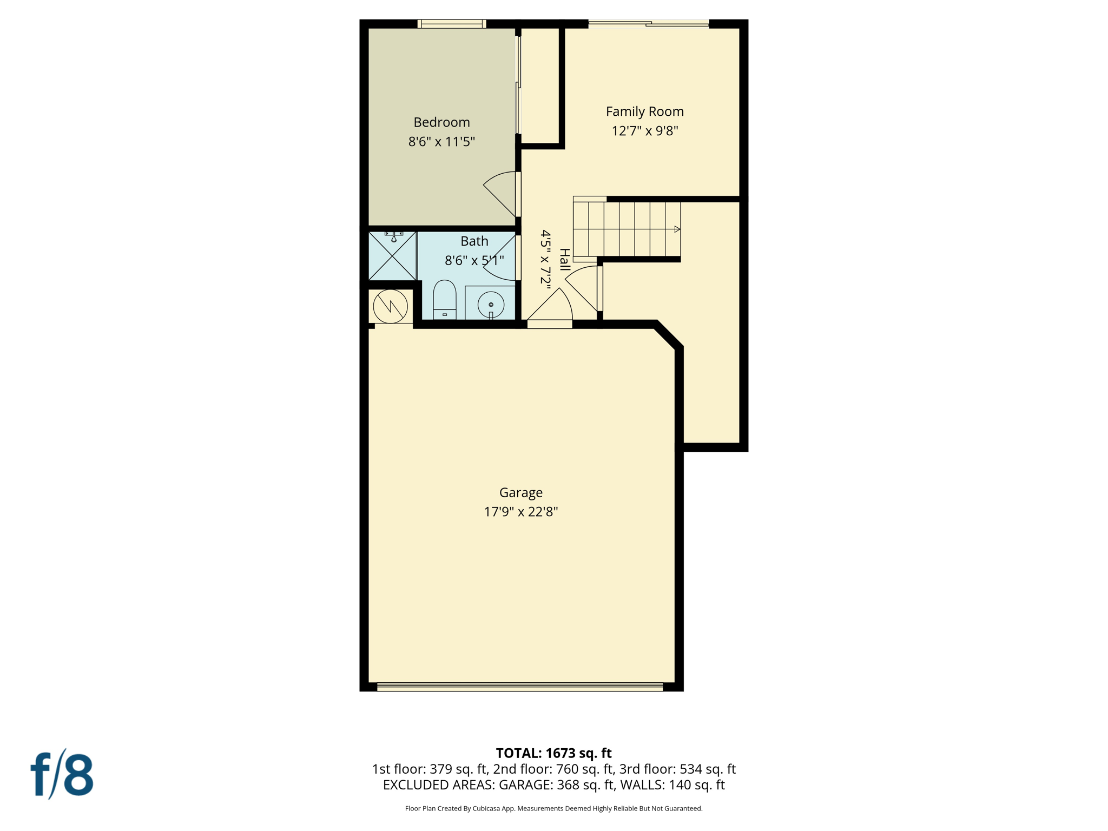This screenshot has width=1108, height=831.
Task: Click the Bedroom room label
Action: pyautogui.click(x=441, y=122)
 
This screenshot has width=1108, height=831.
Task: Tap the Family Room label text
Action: pyautogui.click(x=644, y=111)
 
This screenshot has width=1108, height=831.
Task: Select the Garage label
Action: pyautogui.click(x=520, y=492)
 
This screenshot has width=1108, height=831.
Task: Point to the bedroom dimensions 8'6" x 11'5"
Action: pyautogui.click(x=441, y=142)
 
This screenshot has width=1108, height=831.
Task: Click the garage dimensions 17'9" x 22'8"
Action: pyautogui.click(x=520, y=512)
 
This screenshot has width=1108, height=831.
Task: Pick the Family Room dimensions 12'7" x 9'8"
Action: pyautogui.click(x=644, y=131)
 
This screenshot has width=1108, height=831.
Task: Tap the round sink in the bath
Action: pyautogui.click(x=491, y=305)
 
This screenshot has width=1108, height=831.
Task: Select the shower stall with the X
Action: pyautogui.click(x=392, y=256)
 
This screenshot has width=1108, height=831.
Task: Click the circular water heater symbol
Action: pyautogui.click(x=391, y=306)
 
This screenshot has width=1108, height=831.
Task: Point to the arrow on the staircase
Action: pyautogui.click(x=676, y=229)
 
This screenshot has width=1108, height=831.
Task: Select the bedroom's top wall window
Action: pyautogui.click(x=452, y=24)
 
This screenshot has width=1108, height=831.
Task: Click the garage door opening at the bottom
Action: pyautogui.click(x=519, y=687)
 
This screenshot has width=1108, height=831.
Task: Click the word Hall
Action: pyautogui.click(x=564, y=260)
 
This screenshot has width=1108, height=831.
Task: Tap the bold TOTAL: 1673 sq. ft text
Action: pyautogui.click(x=553, y=753)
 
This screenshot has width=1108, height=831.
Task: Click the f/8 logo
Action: pyautogui.click(x=62, y=774)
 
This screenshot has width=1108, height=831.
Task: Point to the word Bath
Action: pyautogui.click(x=474, y=241)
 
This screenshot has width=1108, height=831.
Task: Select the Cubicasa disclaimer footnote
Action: pyautogui.click(x=553, y=809)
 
